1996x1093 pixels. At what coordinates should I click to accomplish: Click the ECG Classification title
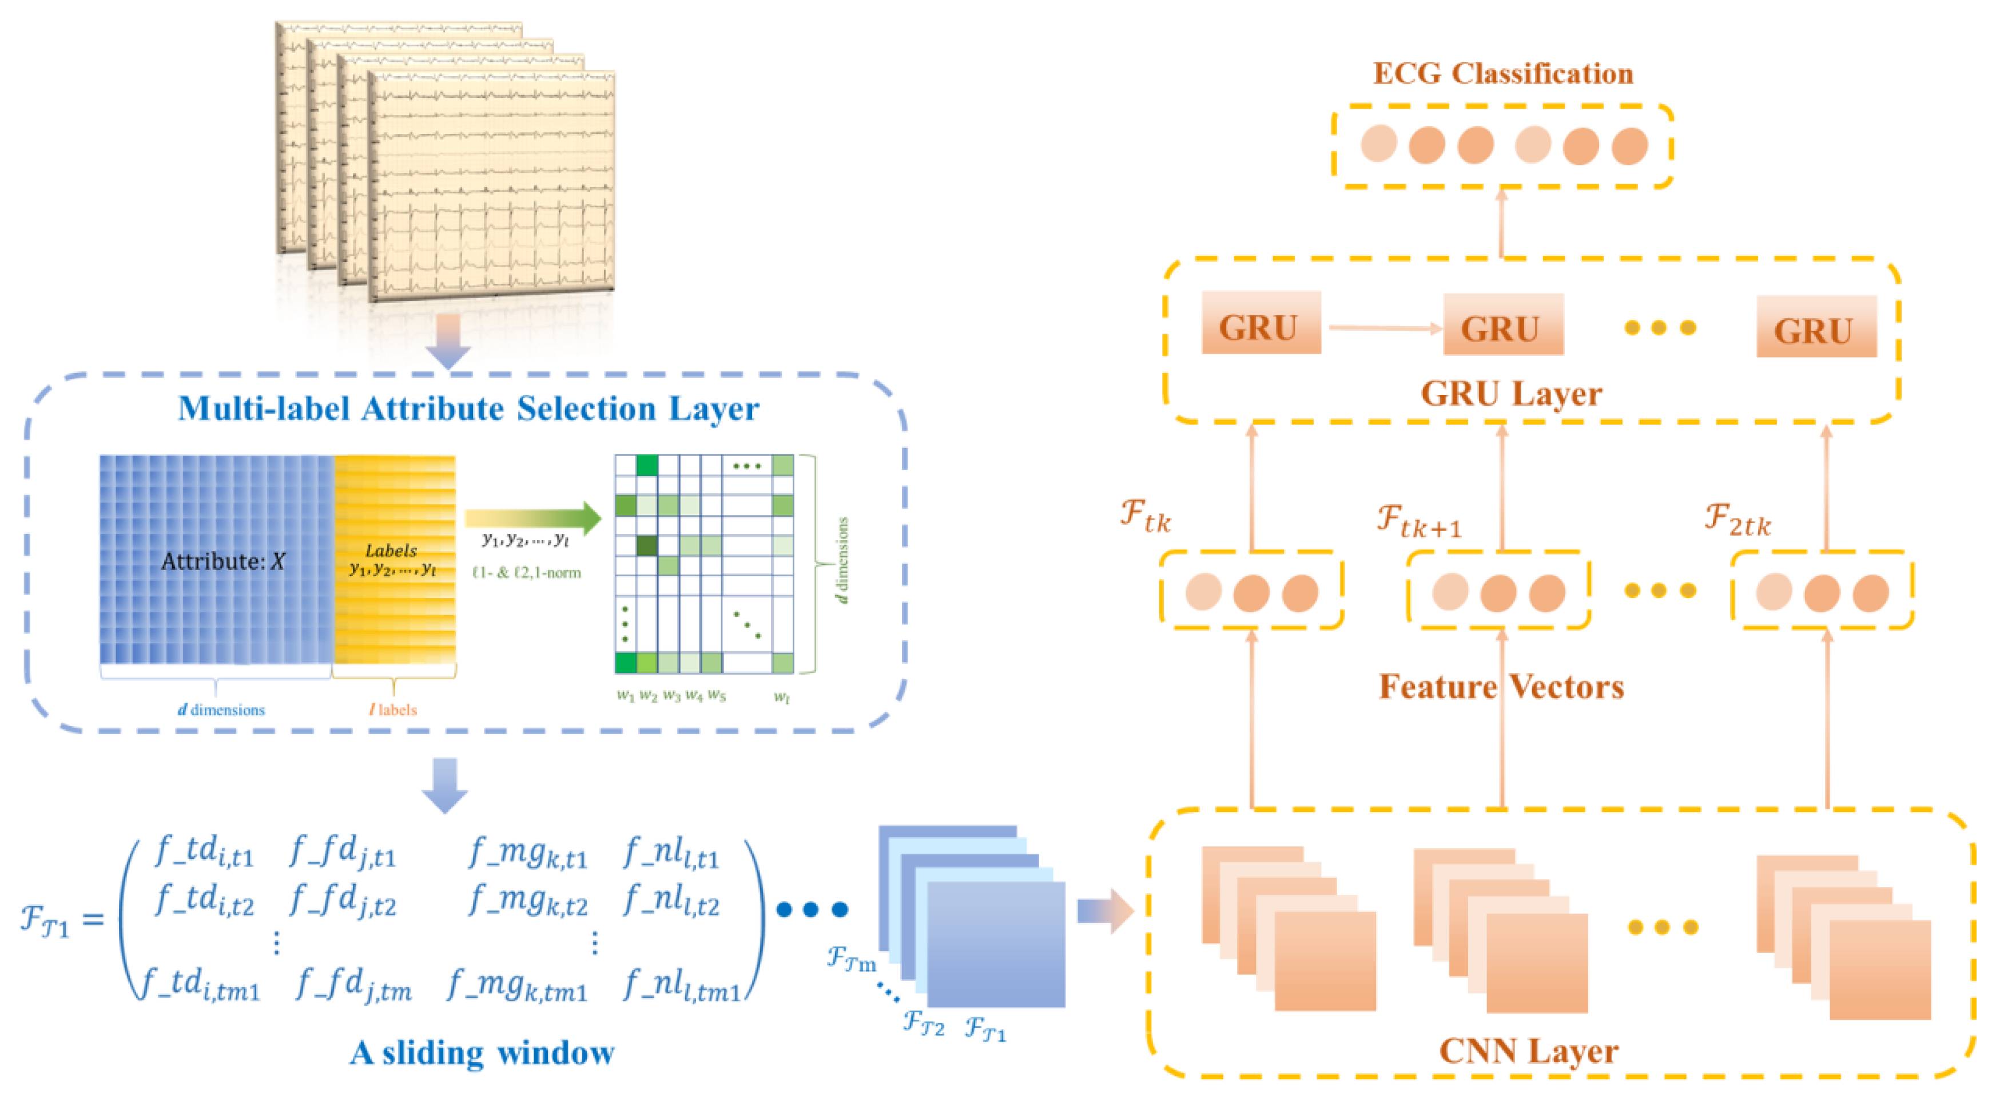coord(1502,74)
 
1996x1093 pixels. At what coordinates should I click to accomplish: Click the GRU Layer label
coord(1510,394)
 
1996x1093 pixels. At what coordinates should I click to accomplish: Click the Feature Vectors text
coord(1501,687)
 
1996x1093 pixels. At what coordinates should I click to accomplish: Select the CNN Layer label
coord(1528,1051)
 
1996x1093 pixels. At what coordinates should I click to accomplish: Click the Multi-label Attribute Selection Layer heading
coord(468,409)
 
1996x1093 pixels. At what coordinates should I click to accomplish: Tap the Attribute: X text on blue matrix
coord(223,560)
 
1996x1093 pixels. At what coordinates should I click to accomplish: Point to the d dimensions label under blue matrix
coord(221,709)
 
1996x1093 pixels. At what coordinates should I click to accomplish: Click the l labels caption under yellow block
coord(393,709)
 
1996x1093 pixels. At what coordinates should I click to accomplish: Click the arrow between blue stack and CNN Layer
coord(1104,911)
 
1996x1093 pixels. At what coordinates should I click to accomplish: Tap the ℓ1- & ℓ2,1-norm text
coord(527,573)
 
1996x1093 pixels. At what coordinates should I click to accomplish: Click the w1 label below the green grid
coord(625,695)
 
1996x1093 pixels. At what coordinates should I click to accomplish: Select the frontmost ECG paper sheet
coord(492,186)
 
